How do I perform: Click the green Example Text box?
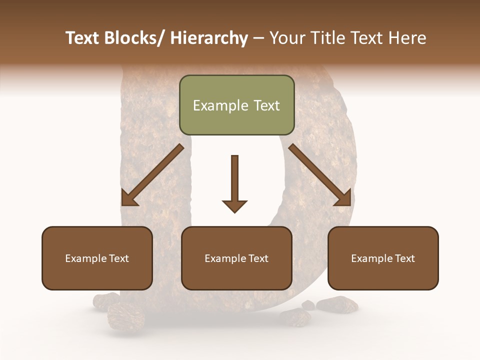pyautogui.click(x=236, y=105)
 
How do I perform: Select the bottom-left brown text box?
pyautogui.click(x=97, y=258)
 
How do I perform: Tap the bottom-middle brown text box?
pyautogui.click(x=236, y=258)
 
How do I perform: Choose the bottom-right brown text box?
pyautogui.click(x=383, y=258)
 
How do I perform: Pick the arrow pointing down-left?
pyautogui.click(x=152, y=175)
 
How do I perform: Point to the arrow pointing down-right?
pyautogui.click(x=319, y=175)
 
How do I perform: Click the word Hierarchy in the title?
pyautogui.click(x=208, y=38)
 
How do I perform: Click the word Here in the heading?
pyautogui.click(x=406, y=38)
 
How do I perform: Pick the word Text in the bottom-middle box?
pyautogui.click(x=258, y=258)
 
